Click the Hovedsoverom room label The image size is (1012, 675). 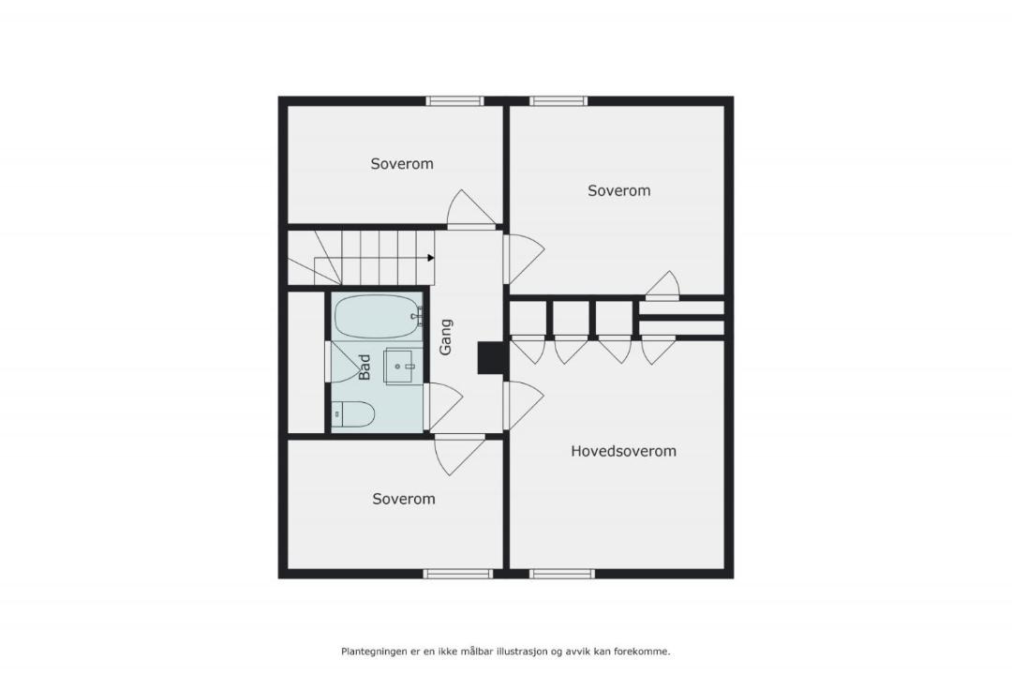[x=623, y=451]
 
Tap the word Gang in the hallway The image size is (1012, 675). [x=446, y=337]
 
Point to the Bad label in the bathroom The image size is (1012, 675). [x=364, y=367]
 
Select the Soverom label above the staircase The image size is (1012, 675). [x=401, y=163]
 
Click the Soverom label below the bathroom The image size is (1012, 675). [x=403, y=499]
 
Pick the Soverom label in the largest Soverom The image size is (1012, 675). [x=619, y=190]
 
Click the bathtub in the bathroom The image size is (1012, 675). [x=379, y=317]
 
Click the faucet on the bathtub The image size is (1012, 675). [x=419, y=317]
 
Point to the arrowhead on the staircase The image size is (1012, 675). [x=430, y=258]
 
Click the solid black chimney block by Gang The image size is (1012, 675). [x=490, y=357]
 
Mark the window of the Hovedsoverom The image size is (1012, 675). [x=562, y=574]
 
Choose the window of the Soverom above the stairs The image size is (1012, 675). [x=454, y=100]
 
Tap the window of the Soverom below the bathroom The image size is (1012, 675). [x=458, y=574]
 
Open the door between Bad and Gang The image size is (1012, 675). [x=444, y=406]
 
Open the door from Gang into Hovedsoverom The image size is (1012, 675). [x=523, y=405]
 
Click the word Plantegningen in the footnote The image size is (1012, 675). [x=374, y=652]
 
